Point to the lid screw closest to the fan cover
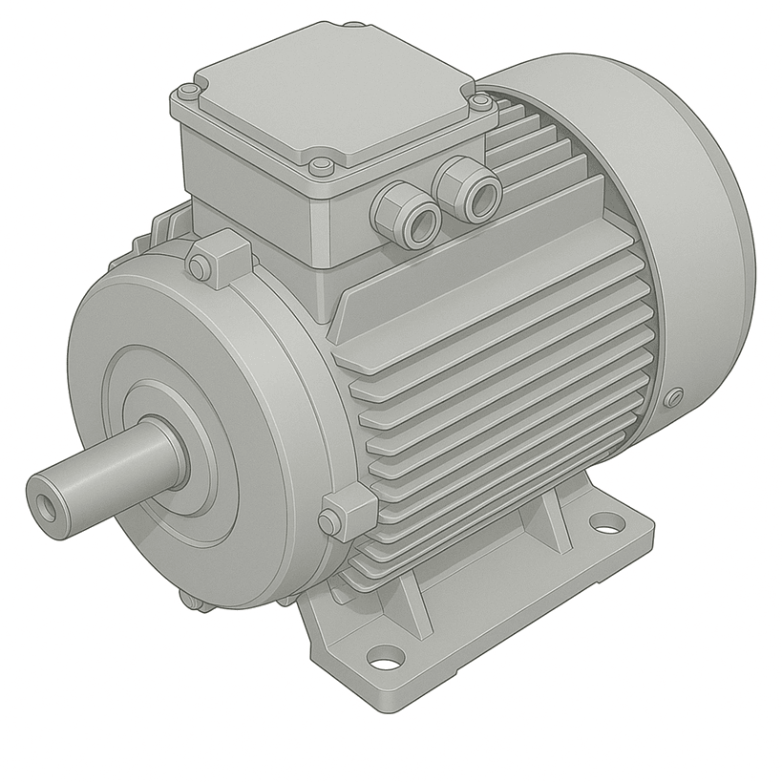click(481, 101)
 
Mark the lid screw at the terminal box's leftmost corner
click(188, 93)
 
